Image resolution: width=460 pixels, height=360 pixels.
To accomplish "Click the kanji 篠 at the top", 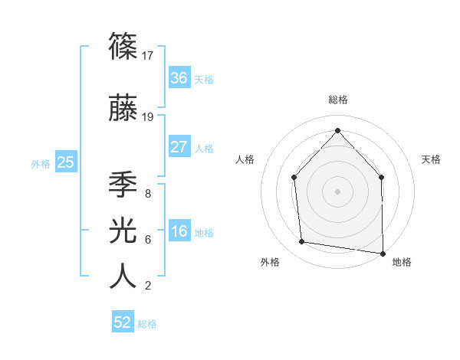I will pyautogui.click(x=123, y=46).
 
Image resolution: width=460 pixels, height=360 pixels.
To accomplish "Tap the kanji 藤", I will pyautogui.click(x=123, y=109).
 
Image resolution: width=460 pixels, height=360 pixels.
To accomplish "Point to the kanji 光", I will pyautogui.click(x=123, y=230).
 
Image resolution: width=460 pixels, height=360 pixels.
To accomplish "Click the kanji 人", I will pyautogui.click(x=123, y=276).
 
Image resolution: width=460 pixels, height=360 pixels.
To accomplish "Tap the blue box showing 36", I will pyautogui.click(x=179, y=78).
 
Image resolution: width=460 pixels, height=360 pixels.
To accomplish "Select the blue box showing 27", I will pyautogui.click(x=179, y=147).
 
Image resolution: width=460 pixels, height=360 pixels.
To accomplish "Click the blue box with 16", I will pyautogui.click(x=179, y=231).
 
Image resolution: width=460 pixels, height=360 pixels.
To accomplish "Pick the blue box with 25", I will pyautogui.click(x=65, y=162).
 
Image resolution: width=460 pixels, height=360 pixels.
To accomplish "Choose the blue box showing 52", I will pyautogui.click(x=123, y=322).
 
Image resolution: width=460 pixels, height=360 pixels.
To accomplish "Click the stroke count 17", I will pyautogui.click(x=149, y=55).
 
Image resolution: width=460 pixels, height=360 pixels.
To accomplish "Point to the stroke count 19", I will pyautogui.click(x=149, y=117).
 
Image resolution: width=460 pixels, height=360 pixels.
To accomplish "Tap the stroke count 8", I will pyautogui.click(x=147, y=193).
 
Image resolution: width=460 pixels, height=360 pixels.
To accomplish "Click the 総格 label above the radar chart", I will pyautogui.click(x=338, y=100).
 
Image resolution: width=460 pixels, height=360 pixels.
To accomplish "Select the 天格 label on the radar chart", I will pyautogui.click(x=432, y=159).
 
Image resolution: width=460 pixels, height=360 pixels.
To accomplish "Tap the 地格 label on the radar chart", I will pyautogui.click(x=402, y=262).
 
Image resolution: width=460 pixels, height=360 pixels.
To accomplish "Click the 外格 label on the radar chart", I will pyautogui.click(x=270, y=262).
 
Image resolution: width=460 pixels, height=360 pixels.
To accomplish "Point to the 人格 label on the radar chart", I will pyautogui.click(x=245, y=159).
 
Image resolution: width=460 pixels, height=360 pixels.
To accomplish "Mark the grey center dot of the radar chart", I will pyautogui.click(x=337, y=191).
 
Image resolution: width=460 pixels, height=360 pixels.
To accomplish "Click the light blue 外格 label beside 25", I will pyautogui.click(x=40, y=163).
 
